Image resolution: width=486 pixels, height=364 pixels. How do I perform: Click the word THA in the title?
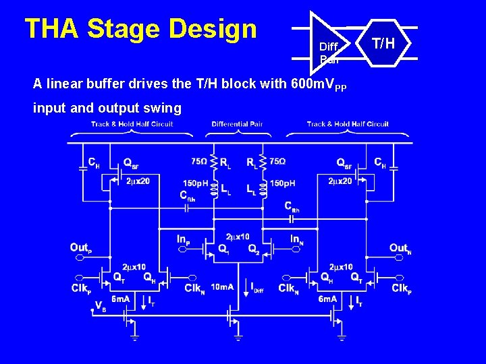pos(51,29)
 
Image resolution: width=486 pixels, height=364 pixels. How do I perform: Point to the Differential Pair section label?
pos(237,124)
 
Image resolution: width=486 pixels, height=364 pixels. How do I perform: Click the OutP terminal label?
pos(80,248)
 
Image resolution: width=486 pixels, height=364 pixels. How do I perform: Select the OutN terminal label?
pos(399,249)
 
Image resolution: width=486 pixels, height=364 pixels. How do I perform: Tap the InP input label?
pos(183,239)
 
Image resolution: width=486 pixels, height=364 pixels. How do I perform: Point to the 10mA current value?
pos(222,287)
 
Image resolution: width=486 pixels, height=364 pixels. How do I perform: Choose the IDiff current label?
pos(257,288)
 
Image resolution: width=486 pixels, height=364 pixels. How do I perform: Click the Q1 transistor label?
pos(223,249)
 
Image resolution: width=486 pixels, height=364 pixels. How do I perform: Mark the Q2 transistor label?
pos(253,249)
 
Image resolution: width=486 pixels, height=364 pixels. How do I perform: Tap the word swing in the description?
pos(165,108)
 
